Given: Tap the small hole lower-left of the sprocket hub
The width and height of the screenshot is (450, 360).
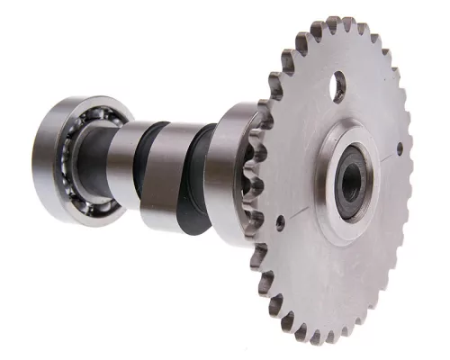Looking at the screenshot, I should [x=281, y=218].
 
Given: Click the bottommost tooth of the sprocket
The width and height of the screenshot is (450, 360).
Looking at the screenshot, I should [x=314, y=338].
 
